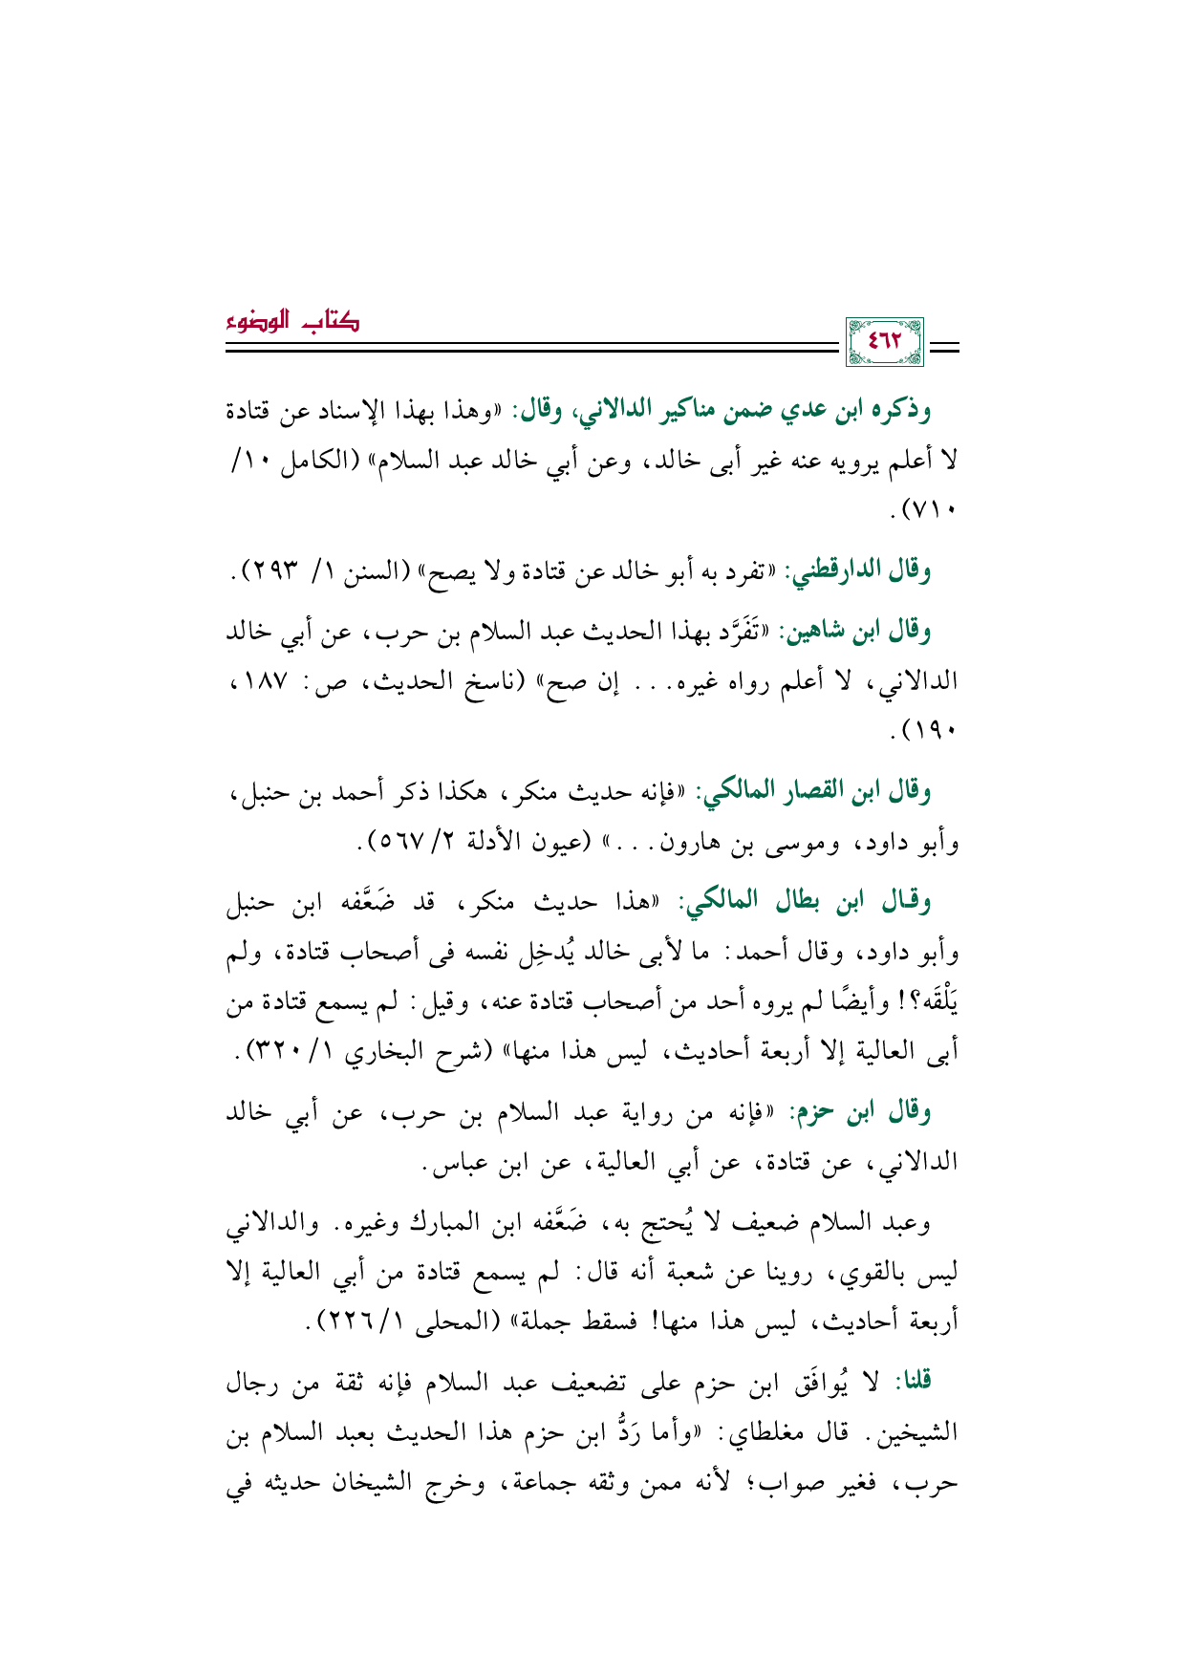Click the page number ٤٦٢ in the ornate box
(x=884, y=341)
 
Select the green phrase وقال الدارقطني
(x=856, y=571)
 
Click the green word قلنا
(x=912, y=1382)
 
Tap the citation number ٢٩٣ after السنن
(x=272, y=571)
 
